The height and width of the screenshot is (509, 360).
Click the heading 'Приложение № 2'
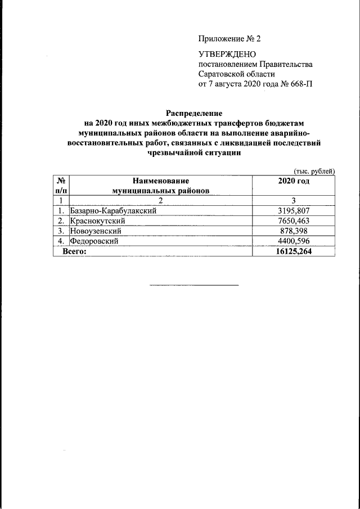229,39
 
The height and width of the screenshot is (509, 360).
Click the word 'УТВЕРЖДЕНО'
227,55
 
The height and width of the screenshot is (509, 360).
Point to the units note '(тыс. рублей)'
314,171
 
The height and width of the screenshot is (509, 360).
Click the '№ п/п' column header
60,186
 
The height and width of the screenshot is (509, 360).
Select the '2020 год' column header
294,181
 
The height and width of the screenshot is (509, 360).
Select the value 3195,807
294,211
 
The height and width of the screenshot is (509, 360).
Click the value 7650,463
294,221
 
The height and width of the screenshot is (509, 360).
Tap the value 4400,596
294,241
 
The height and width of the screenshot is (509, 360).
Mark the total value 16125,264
294,251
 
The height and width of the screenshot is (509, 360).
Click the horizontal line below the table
194,285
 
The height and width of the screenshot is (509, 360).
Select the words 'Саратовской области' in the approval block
237,74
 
